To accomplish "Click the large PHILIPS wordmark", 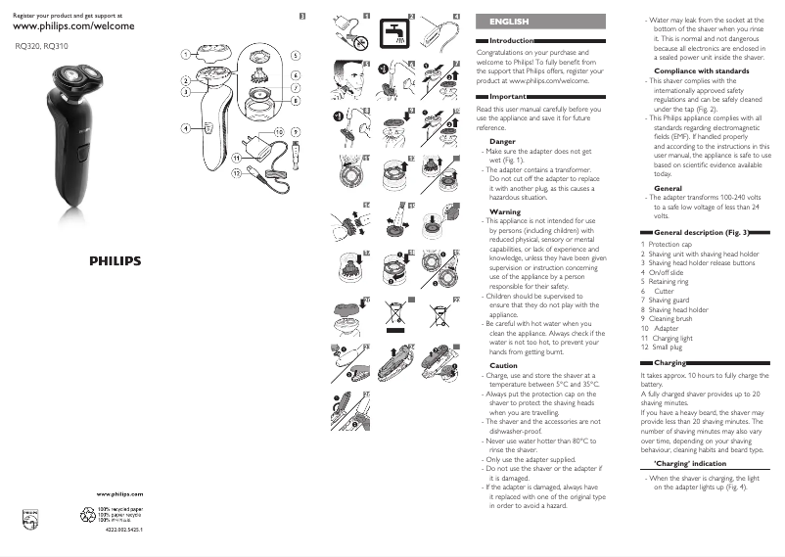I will pyautogui.click(x=115, y=261).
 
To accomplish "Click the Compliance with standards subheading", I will pyautogui.click(x=701, y=71).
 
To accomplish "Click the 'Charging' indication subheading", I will pyautogui.click(x=689, y=462).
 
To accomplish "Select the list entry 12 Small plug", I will pyautogui.click(x=666, y=348).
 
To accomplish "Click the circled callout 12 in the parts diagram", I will pyautogui.click(x=236, y=173).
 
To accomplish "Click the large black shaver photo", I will pyautogui.click(x=71, y=117).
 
